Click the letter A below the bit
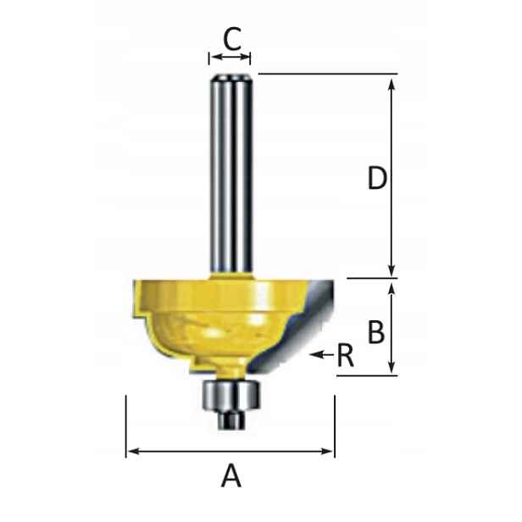[x=231, y=476]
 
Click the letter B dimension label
[x=376, y=331]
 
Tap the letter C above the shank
[x=232, y=39]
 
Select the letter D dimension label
[x=377, y=178]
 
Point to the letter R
[x=345, y=356]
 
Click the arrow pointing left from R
[x=321, y=354]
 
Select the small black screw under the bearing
[x=230, y=420]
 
